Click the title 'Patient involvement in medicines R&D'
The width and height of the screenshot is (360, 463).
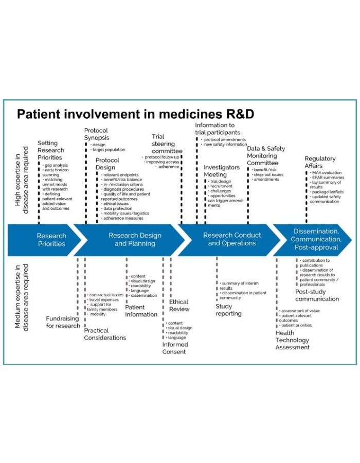pyautogui.click(x=136, y=114)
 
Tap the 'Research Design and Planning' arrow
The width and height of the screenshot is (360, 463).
pyautogui.click(x=134, y=240)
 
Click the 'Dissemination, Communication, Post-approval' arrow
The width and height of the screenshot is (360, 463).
pyautogui.click(x=316, y=239)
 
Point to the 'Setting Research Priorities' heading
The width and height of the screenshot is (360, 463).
pyautogui.click(x=50, y=150)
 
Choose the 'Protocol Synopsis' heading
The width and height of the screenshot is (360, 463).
pyautogui.click(x=96, y=134)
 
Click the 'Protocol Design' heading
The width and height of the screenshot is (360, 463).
pyautogui.click(x=107, y=164)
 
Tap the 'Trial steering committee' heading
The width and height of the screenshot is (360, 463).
pyautogui.click(x=167, y=144)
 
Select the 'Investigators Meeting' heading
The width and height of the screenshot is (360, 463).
pyautogui.click(x=222, y=171)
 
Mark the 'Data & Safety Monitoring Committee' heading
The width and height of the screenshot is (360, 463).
pyautogui.click(x=265, y=156)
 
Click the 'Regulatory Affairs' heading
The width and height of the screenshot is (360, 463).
pyautogui.click(x=320, y=162)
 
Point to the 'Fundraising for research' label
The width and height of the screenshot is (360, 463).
pyautogui.click(x=62, y=322)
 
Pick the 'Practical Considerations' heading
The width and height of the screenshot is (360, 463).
pyautogui.click(x=105, y=334)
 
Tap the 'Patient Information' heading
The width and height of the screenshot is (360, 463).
pyautogui.click(x=141, y=311)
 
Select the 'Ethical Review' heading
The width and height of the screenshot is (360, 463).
pyautogui.click(x=179, y=306)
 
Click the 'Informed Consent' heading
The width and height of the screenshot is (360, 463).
pyautogui.click(x=175, y=348)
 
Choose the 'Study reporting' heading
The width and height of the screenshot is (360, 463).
pyautogui.click(x=228, y=310)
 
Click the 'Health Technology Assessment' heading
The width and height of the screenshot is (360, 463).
pyautogui.click(x=292, y=340)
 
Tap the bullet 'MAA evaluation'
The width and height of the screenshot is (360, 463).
pyautogui.click(x=327, y=172)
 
